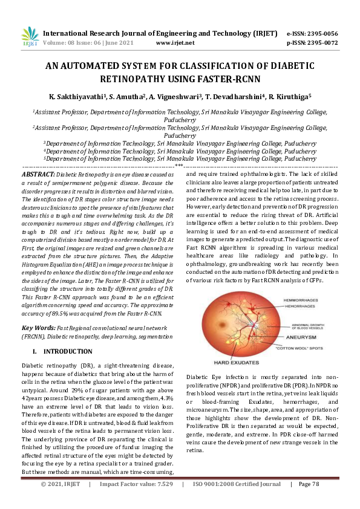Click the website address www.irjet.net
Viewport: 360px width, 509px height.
coord(175,44)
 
